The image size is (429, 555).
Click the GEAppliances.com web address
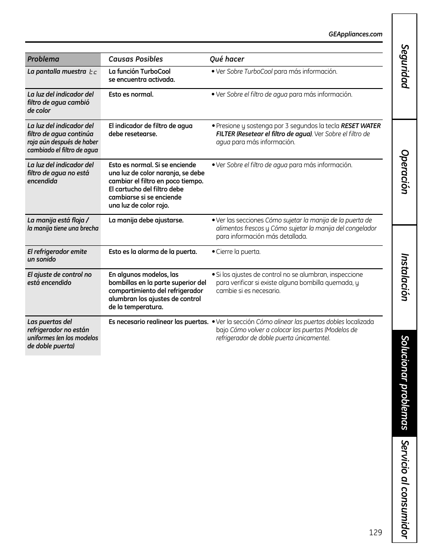tap(355, 34)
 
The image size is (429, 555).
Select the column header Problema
tap(43, 59)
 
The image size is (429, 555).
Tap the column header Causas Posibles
tap(135, 59)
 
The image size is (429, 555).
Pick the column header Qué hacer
tap(227, 59)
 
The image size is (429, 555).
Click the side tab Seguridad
tap(405, 67)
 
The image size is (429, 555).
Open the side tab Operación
tap(405, 172)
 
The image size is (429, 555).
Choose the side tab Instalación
tap(405, 277)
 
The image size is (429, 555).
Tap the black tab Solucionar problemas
tap(405, 383)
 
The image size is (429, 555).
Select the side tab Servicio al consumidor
tap(405, 489)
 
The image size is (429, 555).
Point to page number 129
tap(375, 532)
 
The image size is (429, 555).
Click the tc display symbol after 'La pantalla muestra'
tap(93, 72)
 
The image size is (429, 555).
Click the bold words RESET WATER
tap(361, 126)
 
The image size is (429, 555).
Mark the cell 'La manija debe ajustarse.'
tap(146, 220)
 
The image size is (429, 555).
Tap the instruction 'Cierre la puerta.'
tap(238, 252)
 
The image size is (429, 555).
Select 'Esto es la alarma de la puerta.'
tap(152, 252)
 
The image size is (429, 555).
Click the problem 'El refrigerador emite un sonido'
tap(57, 255)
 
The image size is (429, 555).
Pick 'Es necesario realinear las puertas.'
tap(158, 322)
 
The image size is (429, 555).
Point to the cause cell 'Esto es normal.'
tap(131, 94)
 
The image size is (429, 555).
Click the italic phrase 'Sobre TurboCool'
tap(250, 71)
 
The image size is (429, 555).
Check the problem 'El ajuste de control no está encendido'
tap(59, 279)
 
